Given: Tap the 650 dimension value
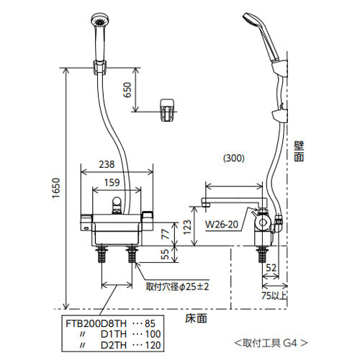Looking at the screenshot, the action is pyautogui.click(x=127, y=90).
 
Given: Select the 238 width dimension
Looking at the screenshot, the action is pyautogui.click(x=107, y=164).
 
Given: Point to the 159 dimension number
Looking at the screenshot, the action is pyautogui.click(x=112, y=183).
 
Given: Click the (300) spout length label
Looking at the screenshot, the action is pyautogui.click(x=234, y=158).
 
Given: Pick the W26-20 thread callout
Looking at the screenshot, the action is pyautogui.click(x=222, y=225).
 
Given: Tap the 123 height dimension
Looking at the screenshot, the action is pyautogui.click(x=187, y=227).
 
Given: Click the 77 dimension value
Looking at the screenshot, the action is pyautogui.click(x=165, y=234).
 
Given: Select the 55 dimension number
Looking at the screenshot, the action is pyautogui.click(x=165, y=254).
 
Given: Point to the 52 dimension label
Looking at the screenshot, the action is pyautogui.click(x=271, y=268).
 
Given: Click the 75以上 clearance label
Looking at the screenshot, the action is pyautogui.click(x=274, y=296).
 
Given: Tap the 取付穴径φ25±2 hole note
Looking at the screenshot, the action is pyautogui.click(x=178, y=287).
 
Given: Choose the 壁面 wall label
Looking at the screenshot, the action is pyautogui.click(x=299, y=151).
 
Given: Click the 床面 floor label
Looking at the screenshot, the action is pyautogui.click(x=196, y=318).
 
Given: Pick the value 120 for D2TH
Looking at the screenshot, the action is pyautogui.click(x=153, y=345).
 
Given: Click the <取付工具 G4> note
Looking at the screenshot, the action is pyautogui.click(x=271, y=343).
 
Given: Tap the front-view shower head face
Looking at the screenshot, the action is pyautogui.click(x=100, y=20).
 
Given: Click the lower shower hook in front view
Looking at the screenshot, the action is pyautogui.click(x=167, y=110).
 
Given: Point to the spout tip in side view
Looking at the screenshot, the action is pyautogui.click(x=205, y=202).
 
